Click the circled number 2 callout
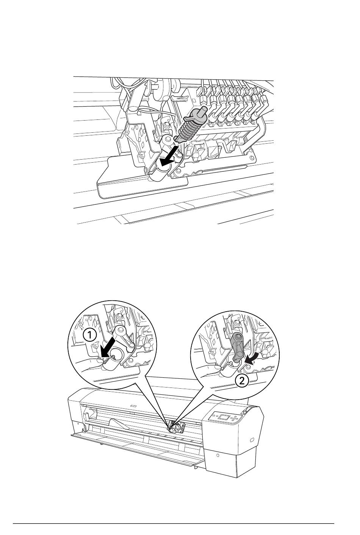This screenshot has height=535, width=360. tap(242, 381)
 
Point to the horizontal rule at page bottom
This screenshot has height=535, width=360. tap(173, 522)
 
